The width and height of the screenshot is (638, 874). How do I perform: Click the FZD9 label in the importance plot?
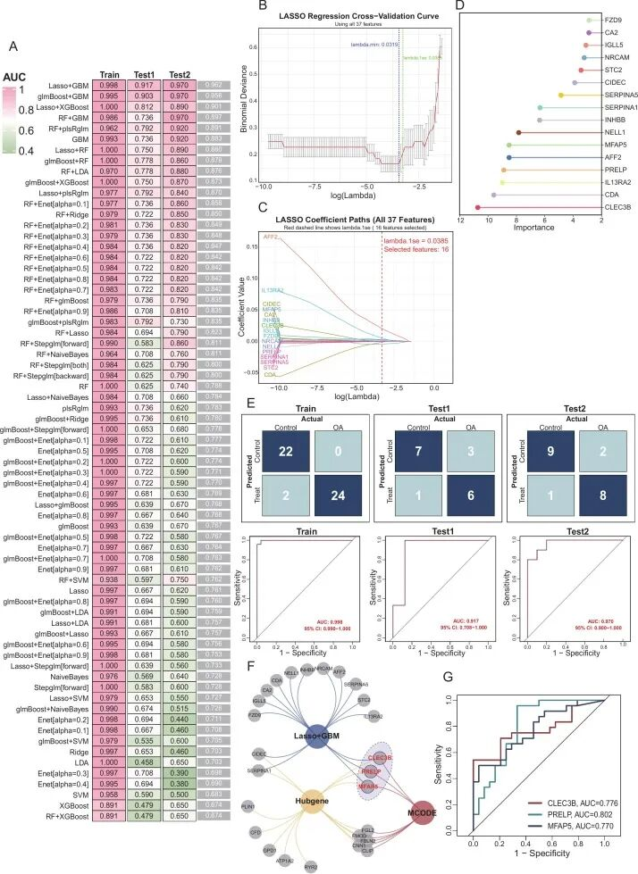point(613,20)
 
